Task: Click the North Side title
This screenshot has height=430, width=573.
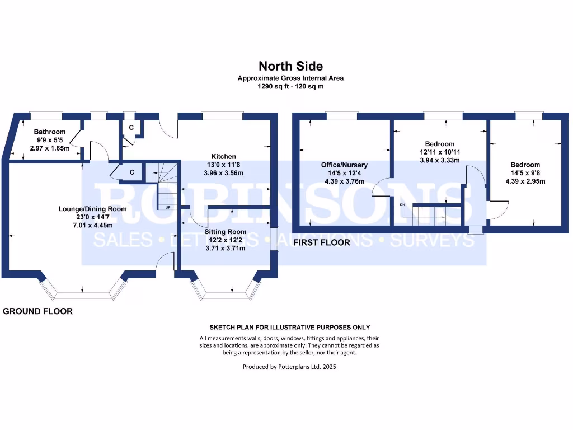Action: pos(290,67)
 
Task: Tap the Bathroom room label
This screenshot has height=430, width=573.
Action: pos(50,132)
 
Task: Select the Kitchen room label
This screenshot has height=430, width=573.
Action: pos(223,156)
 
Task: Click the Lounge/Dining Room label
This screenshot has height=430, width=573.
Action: pos(92,209)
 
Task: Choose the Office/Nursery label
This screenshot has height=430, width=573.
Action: pos(344,165)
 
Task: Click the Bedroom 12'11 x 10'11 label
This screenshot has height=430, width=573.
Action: pos(439,144)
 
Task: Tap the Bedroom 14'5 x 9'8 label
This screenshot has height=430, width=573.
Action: pos(525,165)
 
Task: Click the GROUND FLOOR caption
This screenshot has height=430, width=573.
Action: pos(38,311)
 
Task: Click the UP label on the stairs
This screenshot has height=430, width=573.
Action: pos(167,207)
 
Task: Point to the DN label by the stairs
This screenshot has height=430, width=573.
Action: pos(402,205)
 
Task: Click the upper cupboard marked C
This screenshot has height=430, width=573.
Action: pos(131,128)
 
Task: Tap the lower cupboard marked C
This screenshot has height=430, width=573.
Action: pos(132,172)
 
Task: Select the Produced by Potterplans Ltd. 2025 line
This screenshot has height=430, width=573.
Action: pos(289,367)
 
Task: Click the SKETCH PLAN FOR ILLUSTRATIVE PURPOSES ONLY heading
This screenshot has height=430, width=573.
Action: pos(289,327)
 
